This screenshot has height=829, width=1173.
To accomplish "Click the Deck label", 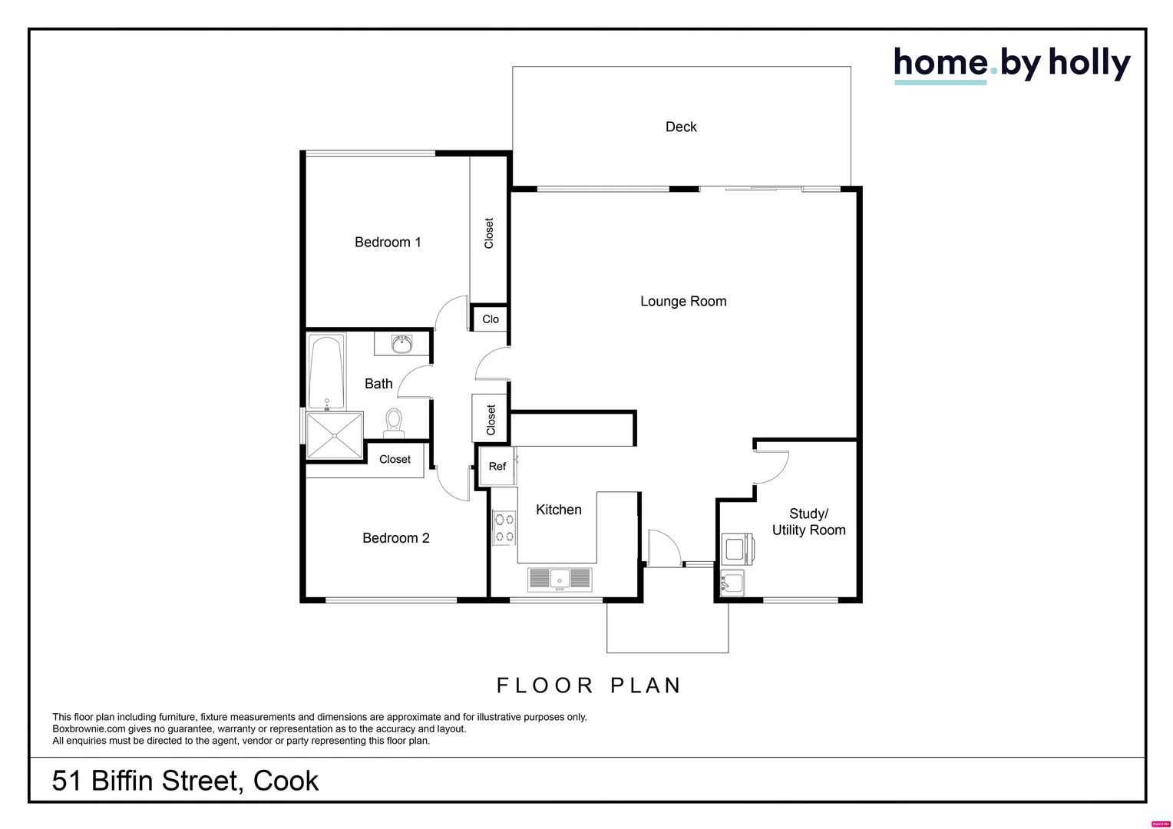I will (681, 127).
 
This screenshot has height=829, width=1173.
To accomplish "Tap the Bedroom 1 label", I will (388, 243).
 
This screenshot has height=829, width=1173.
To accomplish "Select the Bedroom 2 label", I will (395, 538).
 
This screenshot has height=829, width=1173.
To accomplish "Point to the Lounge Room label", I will (683, 302).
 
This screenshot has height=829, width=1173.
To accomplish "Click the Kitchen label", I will (558, 510).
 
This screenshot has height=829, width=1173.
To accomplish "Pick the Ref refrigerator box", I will (497, 466).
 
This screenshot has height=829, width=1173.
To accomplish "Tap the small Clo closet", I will (491, 319).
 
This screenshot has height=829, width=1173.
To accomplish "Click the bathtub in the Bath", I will (326, 372).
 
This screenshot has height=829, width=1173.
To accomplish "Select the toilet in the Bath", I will (394, 423).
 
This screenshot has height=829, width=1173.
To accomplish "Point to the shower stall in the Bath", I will (335, 435).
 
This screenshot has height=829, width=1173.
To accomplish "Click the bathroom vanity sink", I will (401, 344).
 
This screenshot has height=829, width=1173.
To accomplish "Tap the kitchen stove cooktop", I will (504, 527).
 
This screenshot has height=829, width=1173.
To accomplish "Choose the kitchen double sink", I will (560, 579).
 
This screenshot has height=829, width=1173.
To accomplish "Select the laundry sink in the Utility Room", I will (732, 583).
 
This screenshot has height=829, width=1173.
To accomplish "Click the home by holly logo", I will (1011, 64).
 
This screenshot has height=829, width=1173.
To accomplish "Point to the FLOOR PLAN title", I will (589, 685).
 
